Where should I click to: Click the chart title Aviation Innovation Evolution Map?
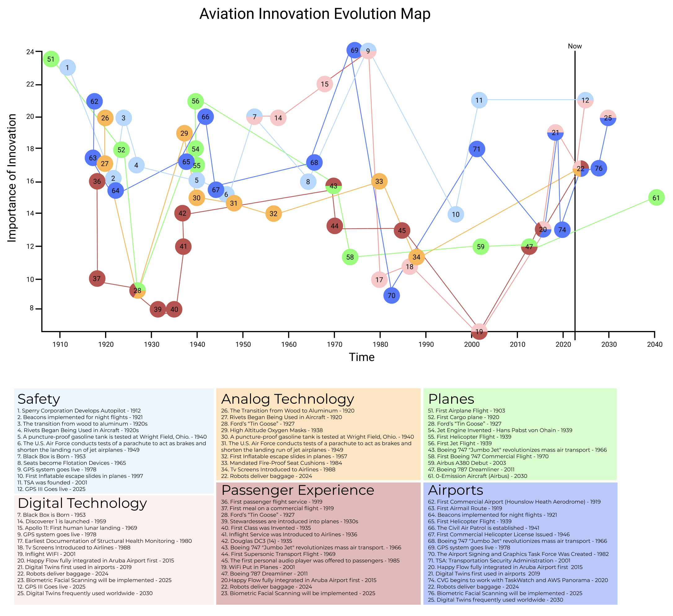pyautogui.click(x=315, y=14)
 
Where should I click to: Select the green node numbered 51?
pyautogui.click(x=51, y=59)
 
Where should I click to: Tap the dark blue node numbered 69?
pyautogui.click(x=354, y=51)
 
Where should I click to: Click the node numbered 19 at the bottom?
pyautogui.click(x=479, y=332)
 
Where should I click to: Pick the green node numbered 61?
pyautogui.click(x=656, y=198)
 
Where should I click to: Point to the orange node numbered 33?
pyautogui.click(x=379, y=182)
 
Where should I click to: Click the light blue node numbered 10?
pyautogui.click(x=456, y=214)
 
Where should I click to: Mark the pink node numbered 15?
pyautogui.click(x=325, y=84)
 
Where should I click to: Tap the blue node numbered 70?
pyautogui.click(x=392, y=296)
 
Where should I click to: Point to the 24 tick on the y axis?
pyautogui.click(x=30, y=52)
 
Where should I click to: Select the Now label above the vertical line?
pyautogui.click(x=575, y=46)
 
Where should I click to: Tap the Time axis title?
pyautogui.click(x=362, y=357)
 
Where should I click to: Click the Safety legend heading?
pyautogui.click(x=39, y=399)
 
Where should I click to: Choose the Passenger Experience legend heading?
pyautogui.click(x=298, y=490)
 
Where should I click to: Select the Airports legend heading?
pyautogui.click(x=455, y=490)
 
